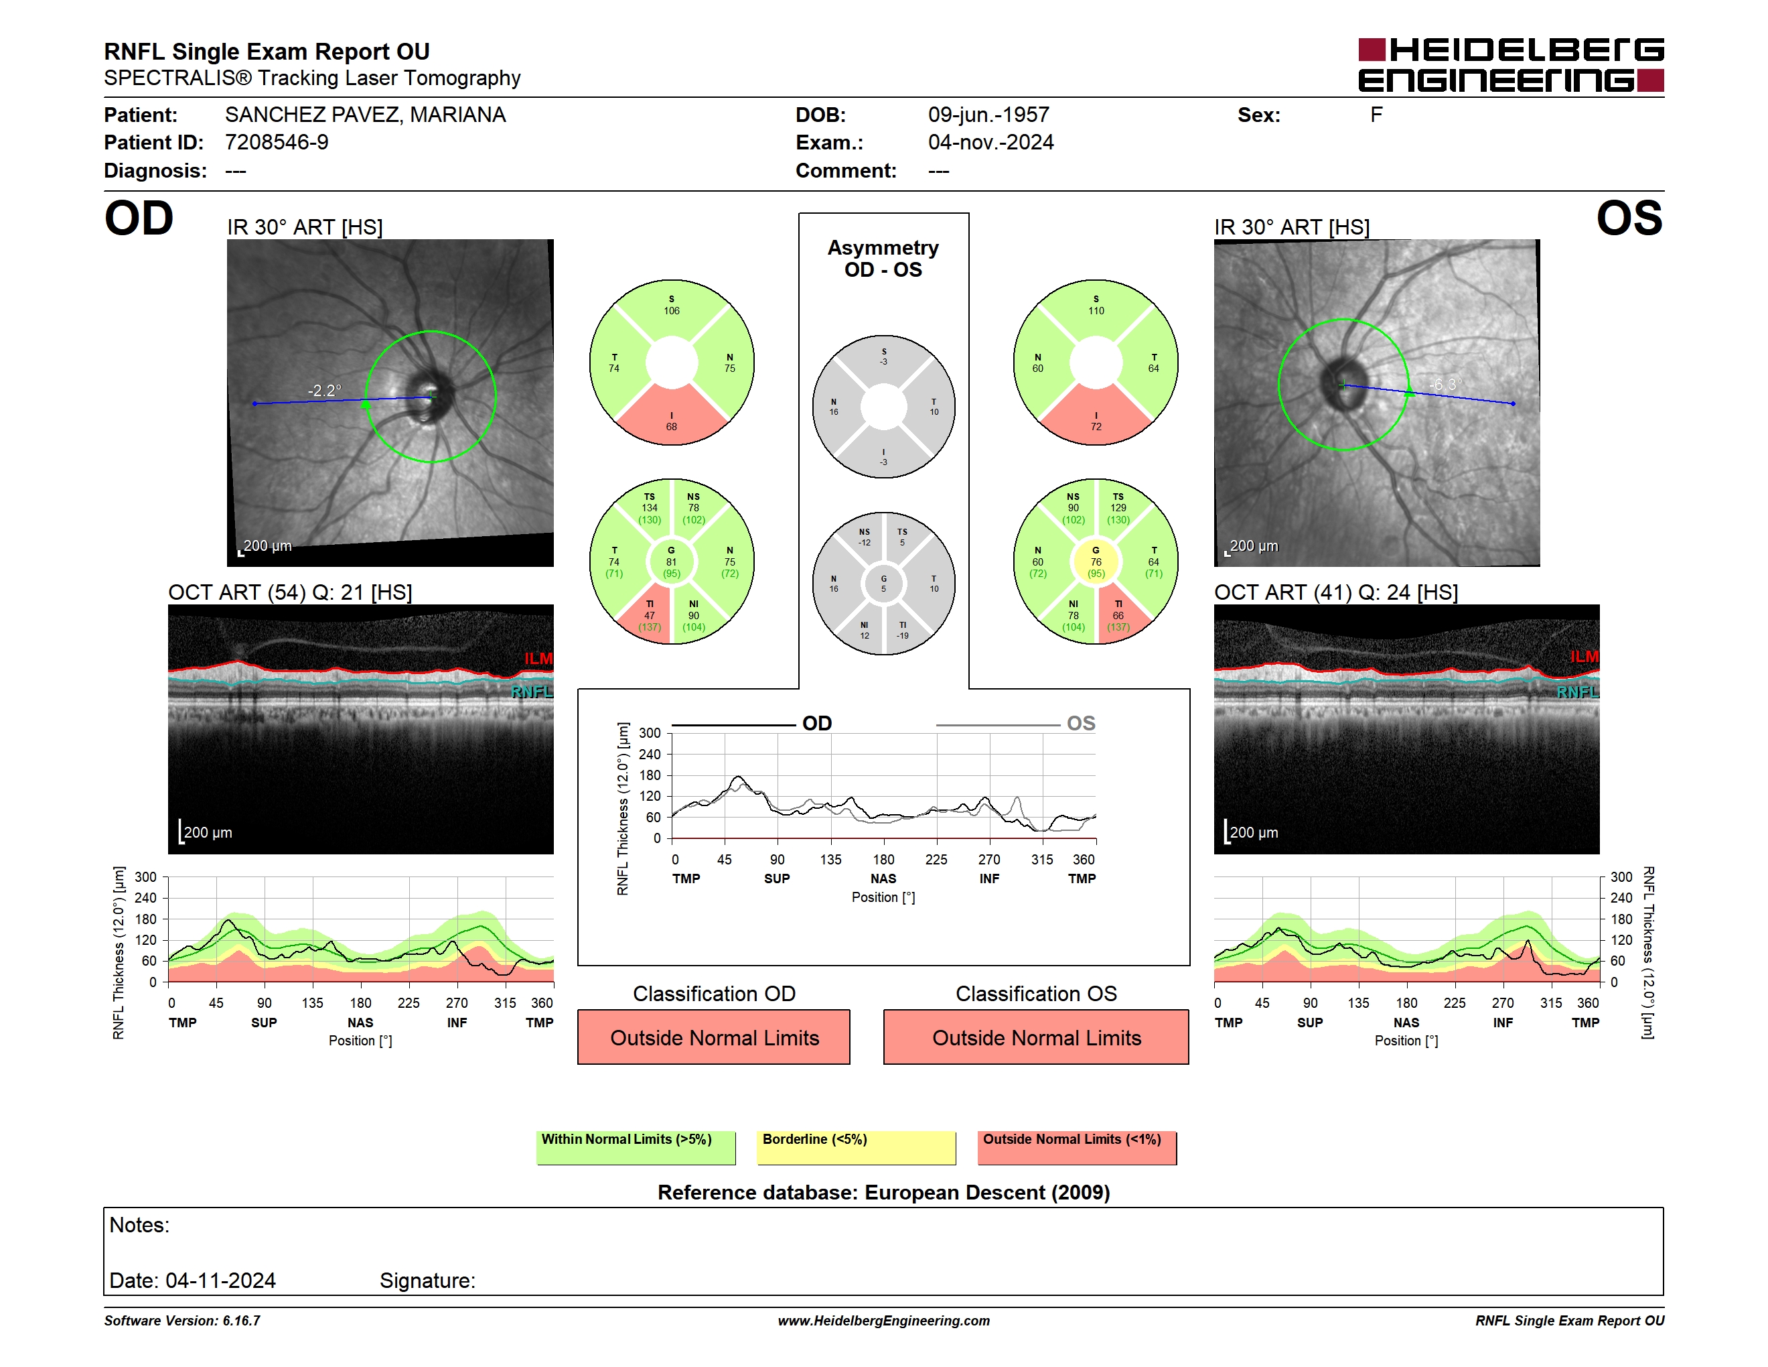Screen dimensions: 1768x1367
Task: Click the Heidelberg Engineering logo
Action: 1511,65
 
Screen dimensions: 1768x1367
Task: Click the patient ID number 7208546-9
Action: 277,143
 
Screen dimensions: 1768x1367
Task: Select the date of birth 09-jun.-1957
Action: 988,115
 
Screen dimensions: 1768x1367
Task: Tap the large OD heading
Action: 139,218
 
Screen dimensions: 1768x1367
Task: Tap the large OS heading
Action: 1629,218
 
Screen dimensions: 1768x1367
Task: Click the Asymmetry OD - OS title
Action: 883,259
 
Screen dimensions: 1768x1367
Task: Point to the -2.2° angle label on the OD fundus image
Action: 325,391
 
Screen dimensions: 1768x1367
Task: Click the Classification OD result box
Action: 714,1037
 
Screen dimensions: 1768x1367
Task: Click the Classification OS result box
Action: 1036,1037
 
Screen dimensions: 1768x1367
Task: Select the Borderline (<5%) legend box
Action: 857,1147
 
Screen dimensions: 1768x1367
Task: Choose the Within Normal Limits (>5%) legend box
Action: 636,1147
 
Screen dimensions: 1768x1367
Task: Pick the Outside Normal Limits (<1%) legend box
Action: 1077,1147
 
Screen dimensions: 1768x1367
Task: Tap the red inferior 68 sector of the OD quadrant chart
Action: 672,417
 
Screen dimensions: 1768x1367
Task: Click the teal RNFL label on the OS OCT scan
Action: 1578,692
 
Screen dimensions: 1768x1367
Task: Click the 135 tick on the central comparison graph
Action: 830,859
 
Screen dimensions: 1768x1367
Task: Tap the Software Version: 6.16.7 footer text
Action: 182,1321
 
